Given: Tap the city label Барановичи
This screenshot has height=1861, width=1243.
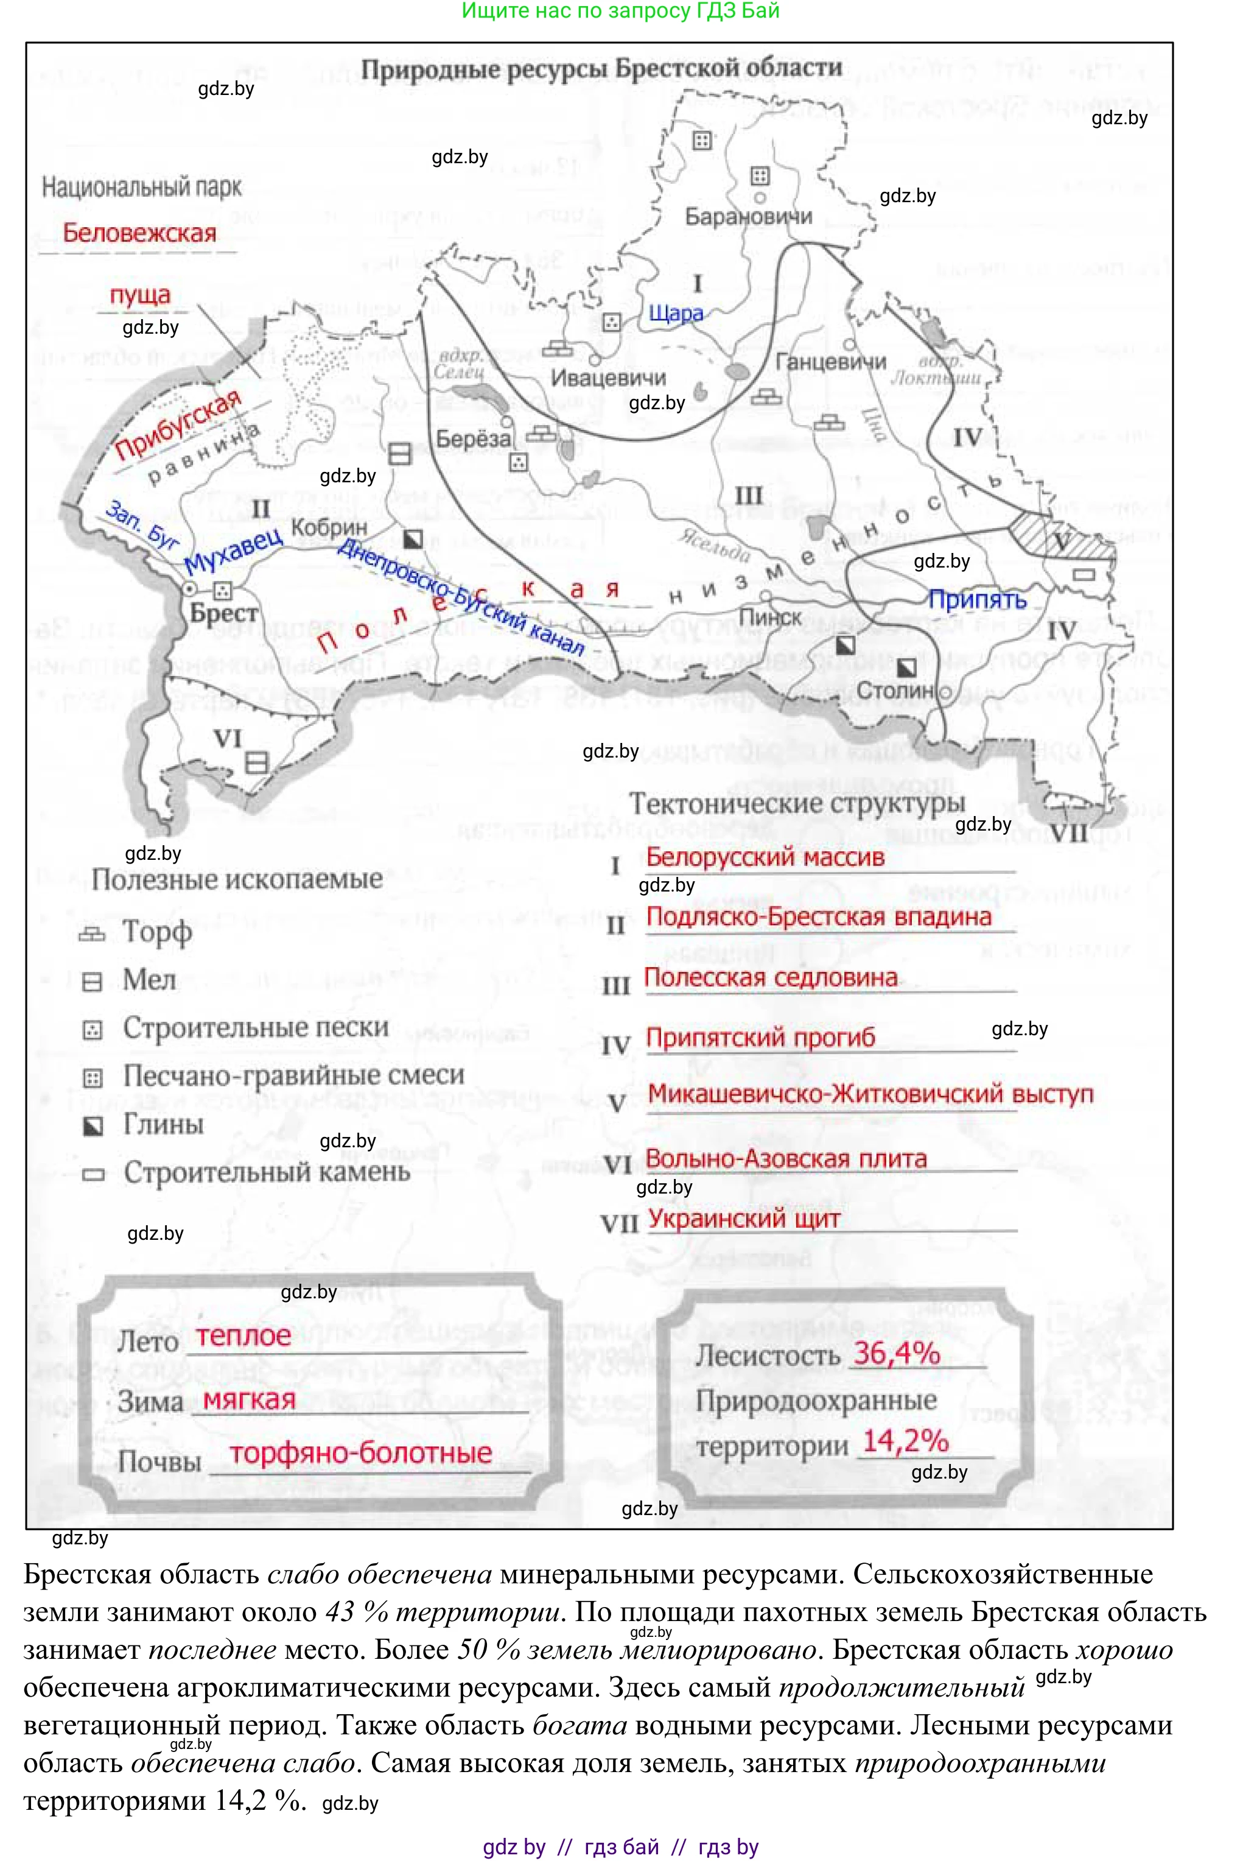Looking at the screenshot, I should pos(748,216).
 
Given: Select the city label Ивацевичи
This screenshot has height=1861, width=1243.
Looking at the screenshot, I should pos(608,378).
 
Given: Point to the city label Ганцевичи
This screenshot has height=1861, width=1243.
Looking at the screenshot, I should pos(830,362).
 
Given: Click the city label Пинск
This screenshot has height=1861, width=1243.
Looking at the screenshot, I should pos(770,617).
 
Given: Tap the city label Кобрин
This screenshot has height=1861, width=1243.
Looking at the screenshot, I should pos(329,527).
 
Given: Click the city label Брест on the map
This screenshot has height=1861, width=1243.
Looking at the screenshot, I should pos(223,613).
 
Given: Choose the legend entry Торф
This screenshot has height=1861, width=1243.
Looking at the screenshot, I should pos(157,932).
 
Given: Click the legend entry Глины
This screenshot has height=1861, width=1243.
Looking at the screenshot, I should pos(163,1124).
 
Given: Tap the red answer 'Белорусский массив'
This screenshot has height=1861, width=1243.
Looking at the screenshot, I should pos(765,857).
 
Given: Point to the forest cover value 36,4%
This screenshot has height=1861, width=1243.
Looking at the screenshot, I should pos(897,1354).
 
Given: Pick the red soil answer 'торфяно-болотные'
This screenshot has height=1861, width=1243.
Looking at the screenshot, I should pos(361,1454).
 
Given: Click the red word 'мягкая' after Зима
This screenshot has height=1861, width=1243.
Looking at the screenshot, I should pos(249,1399).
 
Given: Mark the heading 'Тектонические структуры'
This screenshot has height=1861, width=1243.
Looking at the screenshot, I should pos(797,803).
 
